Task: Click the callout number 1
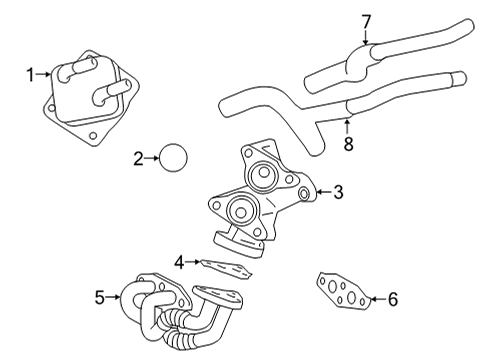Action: [x=31, y=73]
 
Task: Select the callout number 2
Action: [x=138, y=158]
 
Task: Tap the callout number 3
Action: [x=338, y=191]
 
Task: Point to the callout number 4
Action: [x=178, y=262]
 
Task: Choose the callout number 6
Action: [x=392, y=297]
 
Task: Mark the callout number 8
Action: [x=349, y=143]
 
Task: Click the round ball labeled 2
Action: [x=175, y=158]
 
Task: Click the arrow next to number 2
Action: [x=152, y=158]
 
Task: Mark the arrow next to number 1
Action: [x=45, y=73]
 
